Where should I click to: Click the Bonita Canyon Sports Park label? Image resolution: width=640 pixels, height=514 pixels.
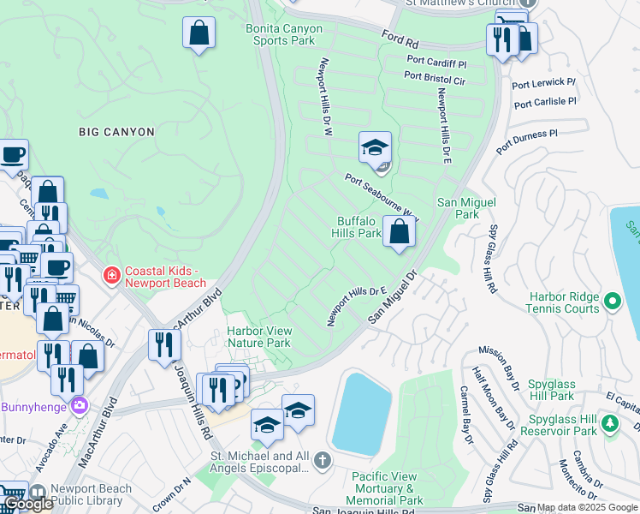coord(285,34)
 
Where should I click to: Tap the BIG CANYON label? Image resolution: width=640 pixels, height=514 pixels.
coord(116,132)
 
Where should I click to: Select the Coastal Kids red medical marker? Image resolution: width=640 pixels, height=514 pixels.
coord(110,275)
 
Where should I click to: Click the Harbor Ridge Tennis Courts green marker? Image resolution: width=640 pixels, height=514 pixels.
coord(612,302)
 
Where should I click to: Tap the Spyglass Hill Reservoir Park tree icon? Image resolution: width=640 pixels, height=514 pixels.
coord(609,423)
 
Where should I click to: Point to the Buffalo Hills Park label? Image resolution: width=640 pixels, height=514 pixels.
coord(359,227)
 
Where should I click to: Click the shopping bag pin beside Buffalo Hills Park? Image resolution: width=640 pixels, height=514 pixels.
coord(400,231)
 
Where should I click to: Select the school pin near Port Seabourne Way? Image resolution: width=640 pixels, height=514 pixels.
coord(375,150)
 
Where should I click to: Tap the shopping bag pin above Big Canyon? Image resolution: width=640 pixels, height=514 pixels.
coord(199,34)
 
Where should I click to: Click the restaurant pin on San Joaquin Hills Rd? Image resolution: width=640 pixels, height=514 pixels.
coord(163,344)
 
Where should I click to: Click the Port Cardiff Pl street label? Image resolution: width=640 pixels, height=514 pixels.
coord(436,62)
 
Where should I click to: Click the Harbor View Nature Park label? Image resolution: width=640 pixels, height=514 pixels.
coord(259,337)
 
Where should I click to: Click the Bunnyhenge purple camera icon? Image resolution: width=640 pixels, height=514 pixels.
coord(80,404)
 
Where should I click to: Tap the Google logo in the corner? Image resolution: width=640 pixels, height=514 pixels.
coord(28,504)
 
